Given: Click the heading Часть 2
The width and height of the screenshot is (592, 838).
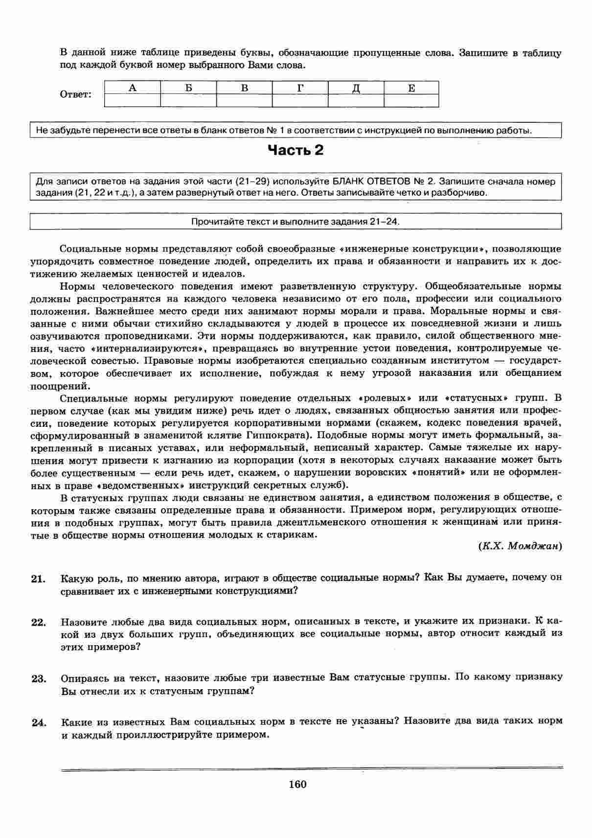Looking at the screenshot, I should click(x=296, y=150).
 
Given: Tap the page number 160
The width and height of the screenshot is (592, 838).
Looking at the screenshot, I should click(x=297, y=784).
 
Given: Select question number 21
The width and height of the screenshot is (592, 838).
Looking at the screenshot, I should click(x=38, y=579).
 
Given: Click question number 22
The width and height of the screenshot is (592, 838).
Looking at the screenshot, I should click(x=38, y=622).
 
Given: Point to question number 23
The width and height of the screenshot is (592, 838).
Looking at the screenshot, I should click(x=38, y=678).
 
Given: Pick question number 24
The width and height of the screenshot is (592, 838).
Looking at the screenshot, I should click(x=38, y=722).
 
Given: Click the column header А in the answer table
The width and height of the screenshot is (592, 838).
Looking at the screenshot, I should click(x=132, y=88).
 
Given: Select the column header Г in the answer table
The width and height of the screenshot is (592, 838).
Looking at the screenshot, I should click(x=300, y=88).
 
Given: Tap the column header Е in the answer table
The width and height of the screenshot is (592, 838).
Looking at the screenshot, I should click(x=411, y=88).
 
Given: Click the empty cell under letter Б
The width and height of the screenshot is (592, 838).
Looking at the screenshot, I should click(x=188, y=100).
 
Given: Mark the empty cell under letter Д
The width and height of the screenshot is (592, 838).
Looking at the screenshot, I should click(x=356, y=100).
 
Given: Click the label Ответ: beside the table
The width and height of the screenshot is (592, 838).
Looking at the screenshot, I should click(x=75, y=94).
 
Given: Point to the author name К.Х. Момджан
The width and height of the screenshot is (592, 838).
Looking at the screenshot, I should click(x=520, y=546).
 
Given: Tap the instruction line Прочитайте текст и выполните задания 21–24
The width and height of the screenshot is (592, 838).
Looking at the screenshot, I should click(x=296, y=221).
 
